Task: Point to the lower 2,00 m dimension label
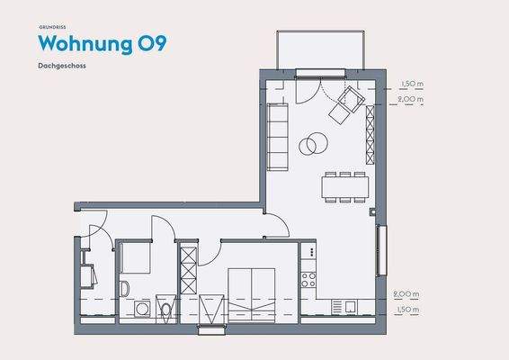click(406, 294)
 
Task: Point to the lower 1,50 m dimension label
click(406, 310)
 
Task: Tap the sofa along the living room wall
click(278, 135)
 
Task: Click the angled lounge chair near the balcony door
click(344, 109)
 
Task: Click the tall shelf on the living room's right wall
click(369, 131)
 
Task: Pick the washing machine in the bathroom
click(141, 309)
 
